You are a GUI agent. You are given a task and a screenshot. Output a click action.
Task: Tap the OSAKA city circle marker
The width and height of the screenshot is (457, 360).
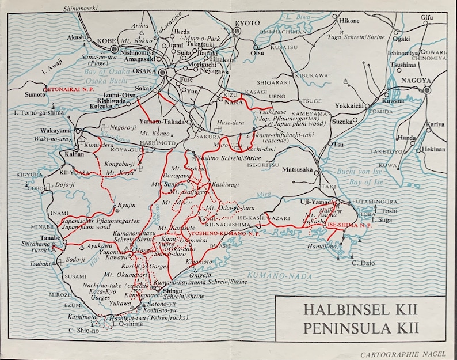[162, 73]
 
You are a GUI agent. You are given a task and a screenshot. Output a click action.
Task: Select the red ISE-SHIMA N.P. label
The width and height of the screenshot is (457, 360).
[349, 225]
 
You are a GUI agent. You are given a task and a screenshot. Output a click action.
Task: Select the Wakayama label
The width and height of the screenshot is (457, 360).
[56, 131]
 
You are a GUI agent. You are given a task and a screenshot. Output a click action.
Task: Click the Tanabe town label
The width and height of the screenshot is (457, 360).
[51, 237]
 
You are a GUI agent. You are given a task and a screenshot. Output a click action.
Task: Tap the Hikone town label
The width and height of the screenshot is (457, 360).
[349, 20]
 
